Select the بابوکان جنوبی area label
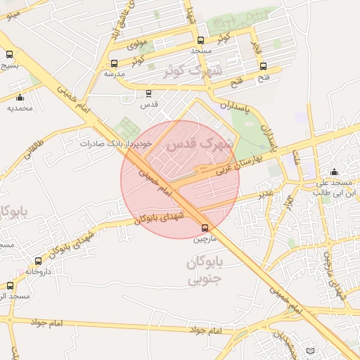pos(205,271)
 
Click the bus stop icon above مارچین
pos(205,228)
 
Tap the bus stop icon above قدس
pos(148,93)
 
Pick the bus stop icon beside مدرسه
pos(115,63)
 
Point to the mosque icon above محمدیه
pos(20,98)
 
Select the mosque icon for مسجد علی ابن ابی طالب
pos(334,172)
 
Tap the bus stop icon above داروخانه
pos(39,261)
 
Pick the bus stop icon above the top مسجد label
pos(202,40)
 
